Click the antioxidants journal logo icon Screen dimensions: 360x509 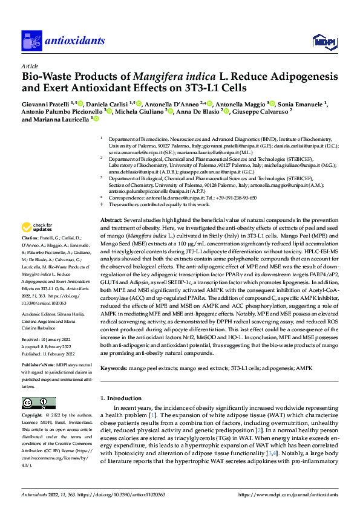point(31,41)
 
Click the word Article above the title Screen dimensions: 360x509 point(29,66)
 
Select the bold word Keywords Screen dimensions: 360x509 point(115,367)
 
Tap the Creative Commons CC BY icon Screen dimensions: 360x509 point(36,403)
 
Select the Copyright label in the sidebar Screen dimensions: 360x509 point(32,415)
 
